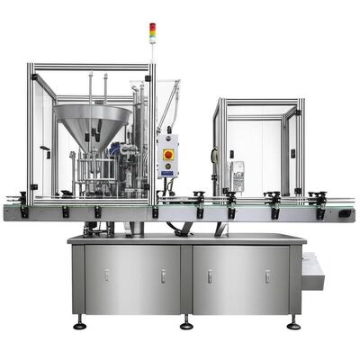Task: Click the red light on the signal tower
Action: (152, 26)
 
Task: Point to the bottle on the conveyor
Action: (238, 175)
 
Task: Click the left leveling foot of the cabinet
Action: (79, 321)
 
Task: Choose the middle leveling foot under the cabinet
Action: (186, 321)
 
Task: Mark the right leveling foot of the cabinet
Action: (293, 321)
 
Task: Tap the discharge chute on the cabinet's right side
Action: (313, 270)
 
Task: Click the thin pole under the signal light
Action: (152, 49)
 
